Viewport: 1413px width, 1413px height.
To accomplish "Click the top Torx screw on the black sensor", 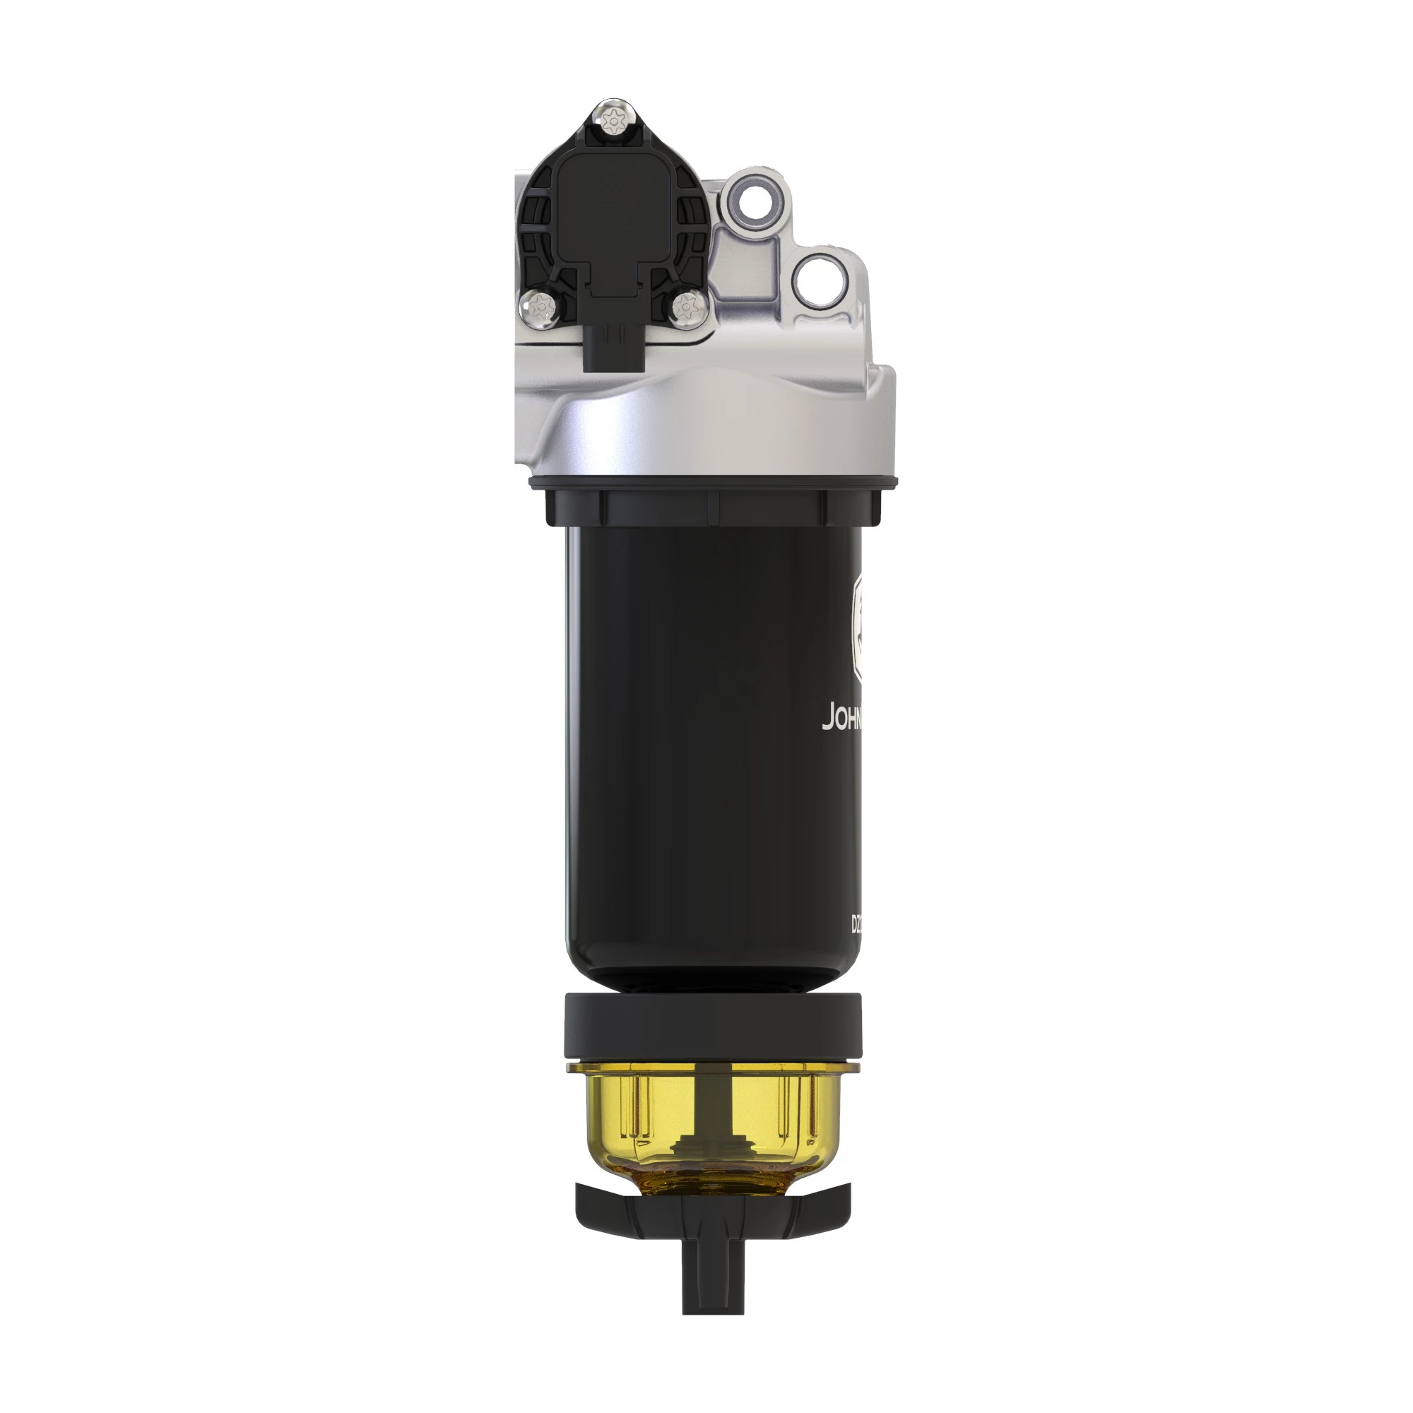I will coord(613,119).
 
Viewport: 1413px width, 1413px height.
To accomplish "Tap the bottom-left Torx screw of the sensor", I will coord(538,308).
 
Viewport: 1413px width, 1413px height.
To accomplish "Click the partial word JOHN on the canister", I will coord(844,718).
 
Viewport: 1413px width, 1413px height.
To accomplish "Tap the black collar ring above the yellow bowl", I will coord(713,1027).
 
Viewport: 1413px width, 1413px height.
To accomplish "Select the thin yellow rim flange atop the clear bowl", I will coord(713,1069).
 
